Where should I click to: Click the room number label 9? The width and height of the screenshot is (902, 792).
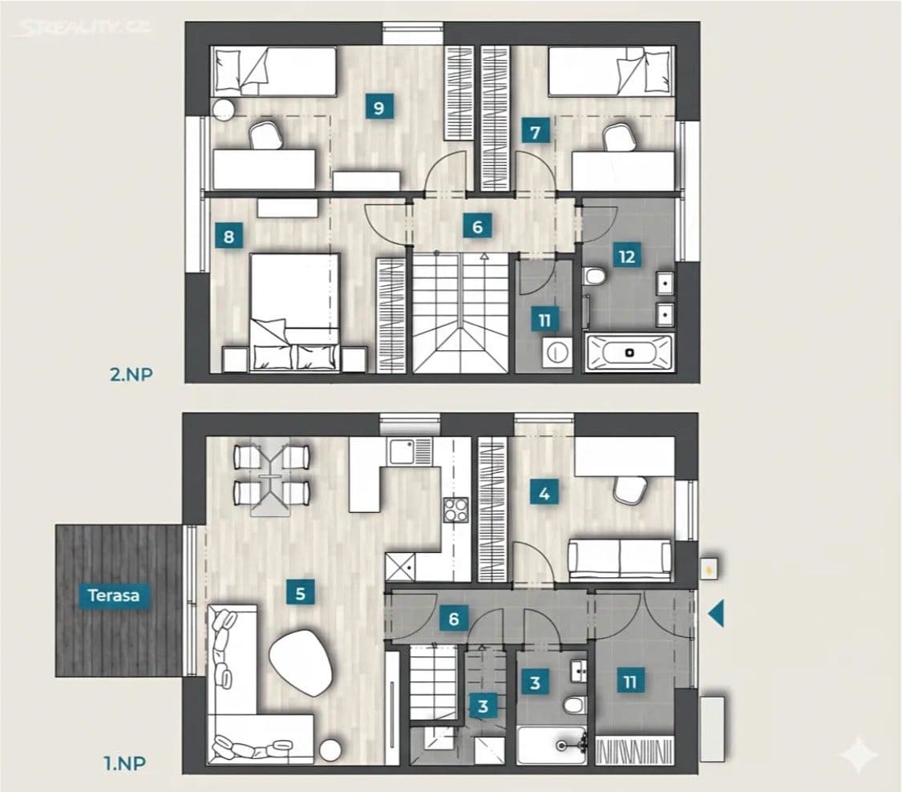378,107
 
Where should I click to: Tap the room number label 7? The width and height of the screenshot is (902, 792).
535,131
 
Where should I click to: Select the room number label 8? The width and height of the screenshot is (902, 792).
229,237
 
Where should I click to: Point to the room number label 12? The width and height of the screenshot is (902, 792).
627,257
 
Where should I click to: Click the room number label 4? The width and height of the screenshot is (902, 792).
544,494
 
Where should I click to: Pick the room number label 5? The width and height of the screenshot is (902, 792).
300,594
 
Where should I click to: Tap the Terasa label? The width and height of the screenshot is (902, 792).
114,596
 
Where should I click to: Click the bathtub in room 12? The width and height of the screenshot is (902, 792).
630,352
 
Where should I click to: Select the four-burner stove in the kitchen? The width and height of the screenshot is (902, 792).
455,510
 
